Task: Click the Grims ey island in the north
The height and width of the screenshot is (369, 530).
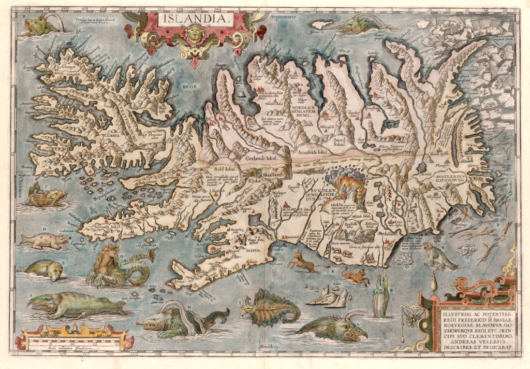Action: click(x=320, y=24)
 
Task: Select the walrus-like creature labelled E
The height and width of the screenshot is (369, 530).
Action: click(x=43, y=269)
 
